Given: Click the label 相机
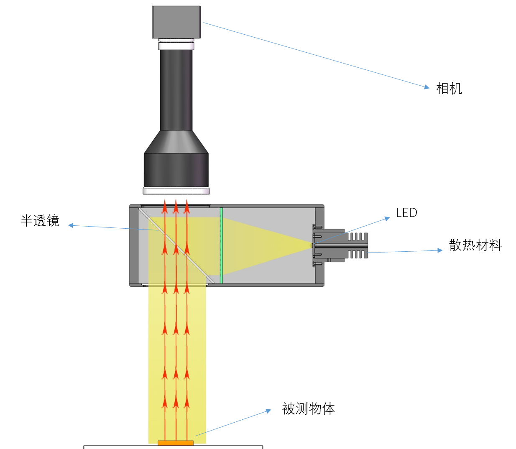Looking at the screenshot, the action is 449,89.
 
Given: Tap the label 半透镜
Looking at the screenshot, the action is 40,221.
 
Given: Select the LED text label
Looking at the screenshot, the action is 406,212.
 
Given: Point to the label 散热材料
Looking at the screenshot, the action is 475,245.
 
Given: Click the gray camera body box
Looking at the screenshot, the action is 176,22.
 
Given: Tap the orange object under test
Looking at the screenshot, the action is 176,443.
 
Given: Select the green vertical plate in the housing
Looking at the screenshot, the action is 221,245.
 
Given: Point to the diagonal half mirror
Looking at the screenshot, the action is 176,245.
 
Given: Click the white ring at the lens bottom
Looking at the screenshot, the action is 176,191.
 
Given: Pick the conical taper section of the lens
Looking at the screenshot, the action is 176,142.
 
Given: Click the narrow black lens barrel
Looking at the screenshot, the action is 176,90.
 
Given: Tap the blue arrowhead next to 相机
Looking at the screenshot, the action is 427,87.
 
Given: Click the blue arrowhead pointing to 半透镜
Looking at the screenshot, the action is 71,225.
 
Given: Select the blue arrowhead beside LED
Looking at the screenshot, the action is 387,219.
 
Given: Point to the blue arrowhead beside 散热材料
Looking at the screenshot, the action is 439,250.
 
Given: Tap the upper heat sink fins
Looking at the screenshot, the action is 358,237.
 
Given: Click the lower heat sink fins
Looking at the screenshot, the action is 358,254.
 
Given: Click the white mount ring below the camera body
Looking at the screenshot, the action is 176,44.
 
